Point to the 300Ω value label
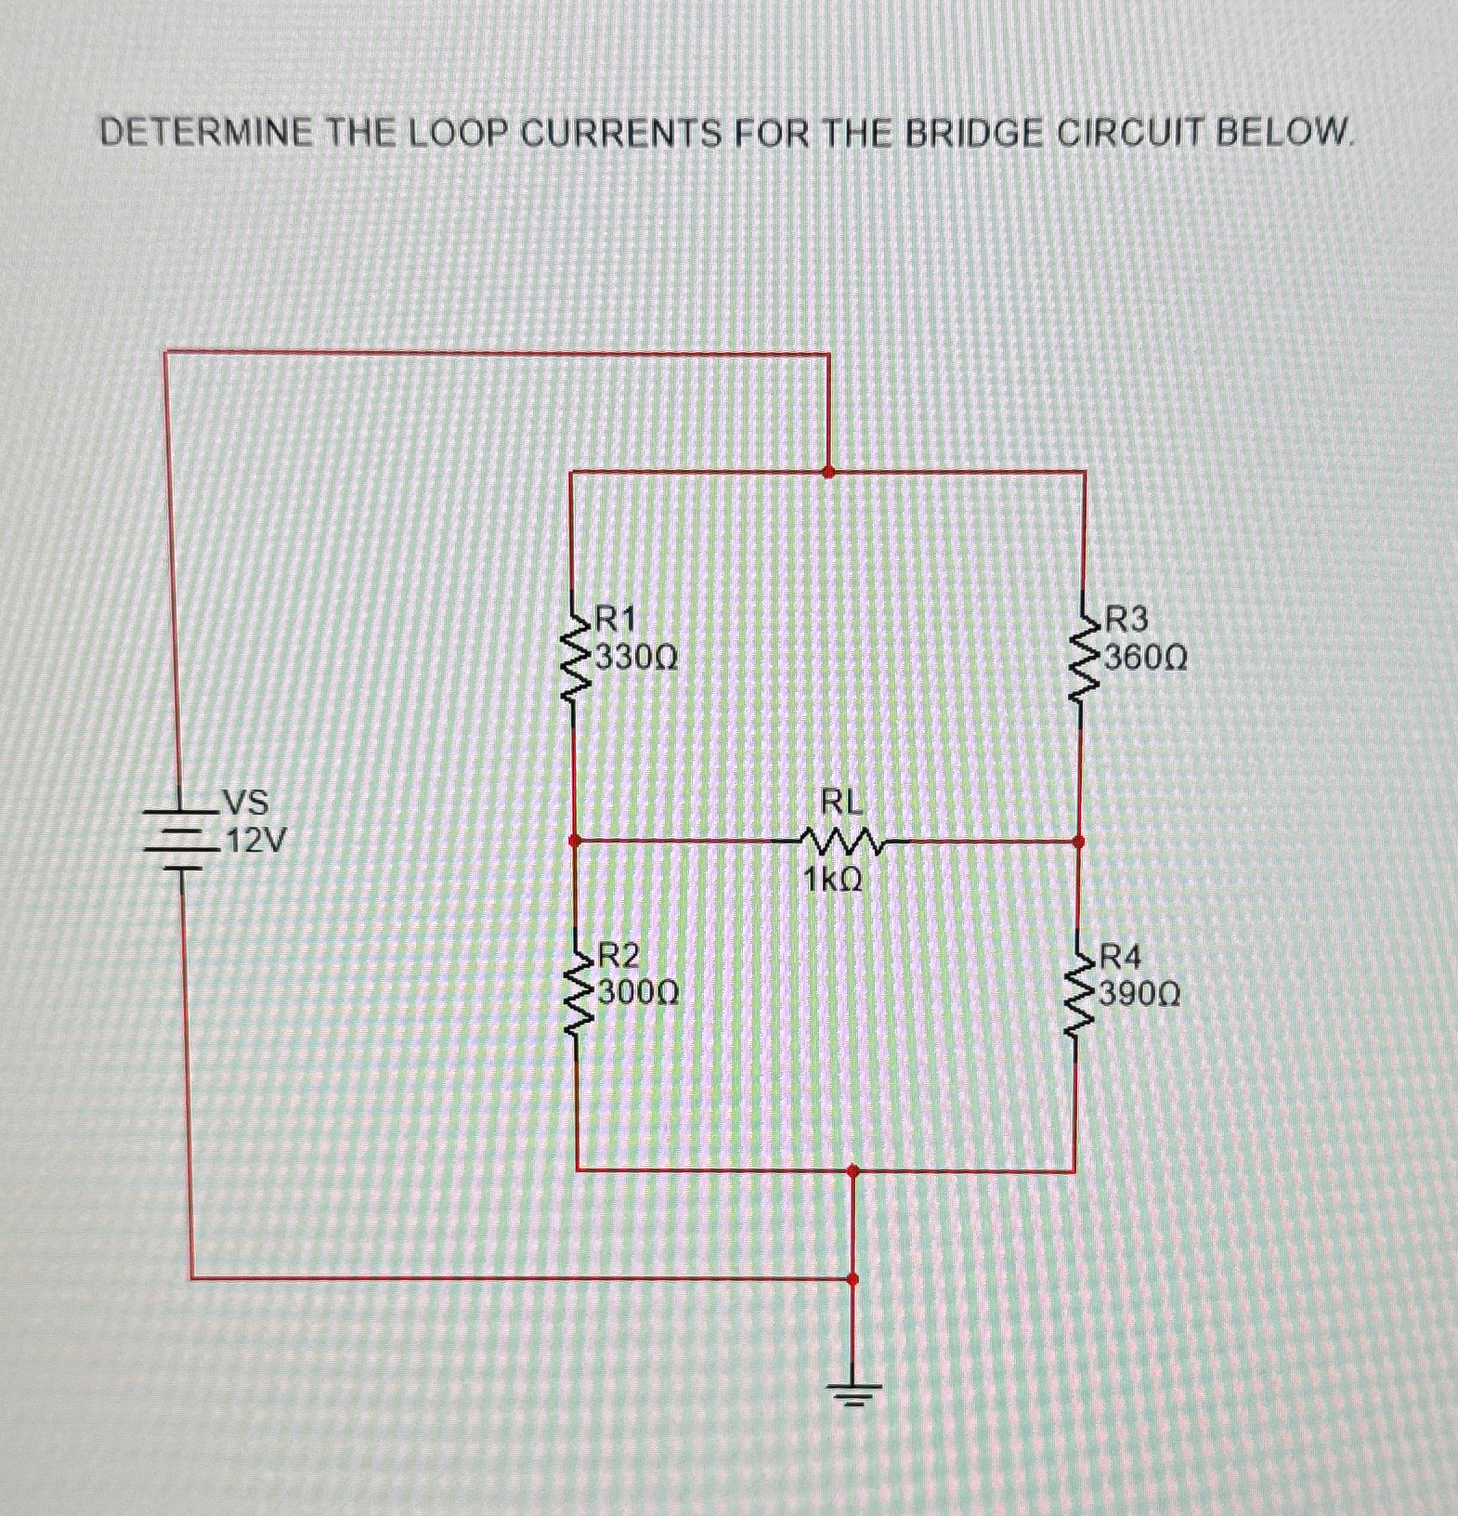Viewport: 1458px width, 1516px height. tap(639, 993)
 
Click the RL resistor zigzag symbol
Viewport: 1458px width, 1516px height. tap(842, 842)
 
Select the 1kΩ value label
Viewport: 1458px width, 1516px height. tap(833, 878)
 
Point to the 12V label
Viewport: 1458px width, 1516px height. tap(256, 842)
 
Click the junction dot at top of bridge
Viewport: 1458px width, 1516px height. tap(828, 472)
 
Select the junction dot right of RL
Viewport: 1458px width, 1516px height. tap(1078, 842)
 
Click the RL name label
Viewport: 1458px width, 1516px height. tap(841, 801)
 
